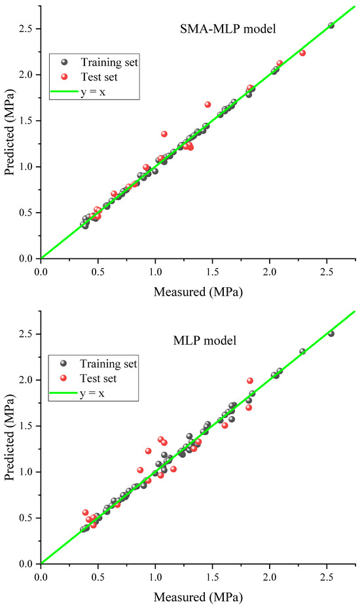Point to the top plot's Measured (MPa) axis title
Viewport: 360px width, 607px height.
click(x=198, y=292)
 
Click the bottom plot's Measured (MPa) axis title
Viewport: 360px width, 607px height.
click(x=198, y=597)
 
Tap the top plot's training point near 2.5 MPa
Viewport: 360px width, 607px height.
click(x=331, y=26)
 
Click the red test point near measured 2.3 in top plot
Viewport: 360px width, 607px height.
click(x=302, y=53)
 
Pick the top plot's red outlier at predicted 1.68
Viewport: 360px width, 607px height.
click(x=207, y=105)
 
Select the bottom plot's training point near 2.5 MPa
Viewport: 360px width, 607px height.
click(x=331, y=334)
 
